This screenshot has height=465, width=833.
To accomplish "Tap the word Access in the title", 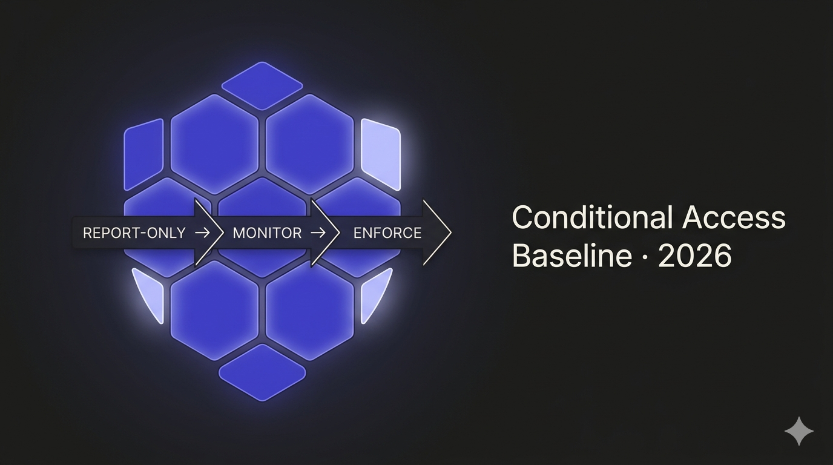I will coord(734,218).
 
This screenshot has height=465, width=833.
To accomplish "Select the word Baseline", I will coord(571,256).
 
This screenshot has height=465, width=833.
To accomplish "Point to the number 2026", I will coord(694,256).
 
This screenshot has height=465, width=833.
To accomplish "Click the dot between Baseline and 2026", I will coord(644,257).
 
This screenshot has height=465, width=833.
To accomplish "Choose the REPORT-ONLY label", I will coord(134,233).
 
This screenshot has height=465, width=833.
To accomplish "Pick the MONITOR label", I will coord(267,233).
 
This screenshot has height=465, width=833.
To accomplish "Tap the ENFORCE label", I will coord(387,233).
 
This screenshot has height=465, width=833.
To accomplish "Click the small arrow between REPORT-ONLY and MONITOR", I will coord(202,233).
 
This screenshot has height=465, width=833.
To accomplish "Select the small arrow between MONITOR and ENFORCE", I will coord(318,233).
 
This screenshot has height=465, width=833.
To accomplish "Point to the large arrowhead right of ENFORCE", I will coord(437,232).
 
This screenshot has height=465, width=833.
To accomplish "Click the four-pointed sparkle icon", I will coord(798,431).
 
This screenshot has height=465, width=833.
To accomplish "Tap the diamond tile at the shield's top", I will coord(262,85).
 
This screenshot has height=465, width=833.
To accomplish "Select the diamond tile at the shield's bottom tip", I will coord(262,372).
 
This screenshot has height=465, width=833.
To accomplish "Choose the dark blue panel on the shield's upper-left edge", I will coord(143,154).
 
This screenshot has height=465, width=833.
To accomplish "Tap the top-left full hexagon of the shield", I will coord(214,144).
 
